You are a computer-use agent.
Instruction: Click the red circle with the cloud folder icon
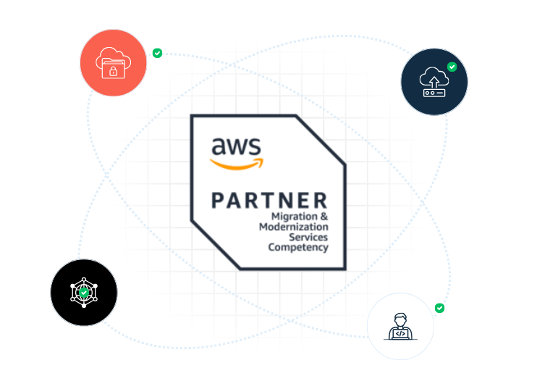click(x=113, y=63)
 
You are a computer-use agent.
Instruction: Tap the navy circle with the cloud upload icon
click(x=434, y=81)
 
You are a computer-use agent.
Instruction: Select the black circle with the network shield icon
click(x=84, y=293)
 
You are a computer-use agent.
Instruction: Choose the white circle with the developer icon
click(x=400, y=326)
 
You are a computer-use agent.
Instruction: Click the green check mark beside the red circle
click(x=157, y=53)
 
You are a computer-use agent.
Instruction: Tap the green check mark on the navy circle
click(x=452, y=67)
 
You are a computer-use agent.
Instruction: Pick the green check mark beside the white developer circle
click(x=439, y=308)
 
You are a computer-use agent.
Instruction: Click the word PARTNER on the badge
click(x=269, y=200)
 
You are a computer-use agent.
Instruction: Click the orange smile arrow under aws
click(x=234, y=164)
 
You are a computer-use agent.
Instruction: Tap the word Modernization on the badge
click(x=293, y=227)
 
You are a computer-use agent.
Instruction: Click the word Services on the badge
click(x=308, y=237)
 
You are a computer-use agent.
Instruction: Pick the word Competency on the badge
click(x=298, y=247)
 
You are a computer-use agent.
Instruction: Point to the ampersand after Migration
click(x=324, y=217)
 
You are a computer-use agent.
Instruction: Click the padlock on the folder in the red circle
click(x=113, y=71)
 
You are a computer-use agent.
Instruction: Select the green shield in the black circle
click(x=84, y=293)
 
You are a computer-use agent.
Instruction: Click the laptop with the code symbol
click(x=400, y=333)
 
